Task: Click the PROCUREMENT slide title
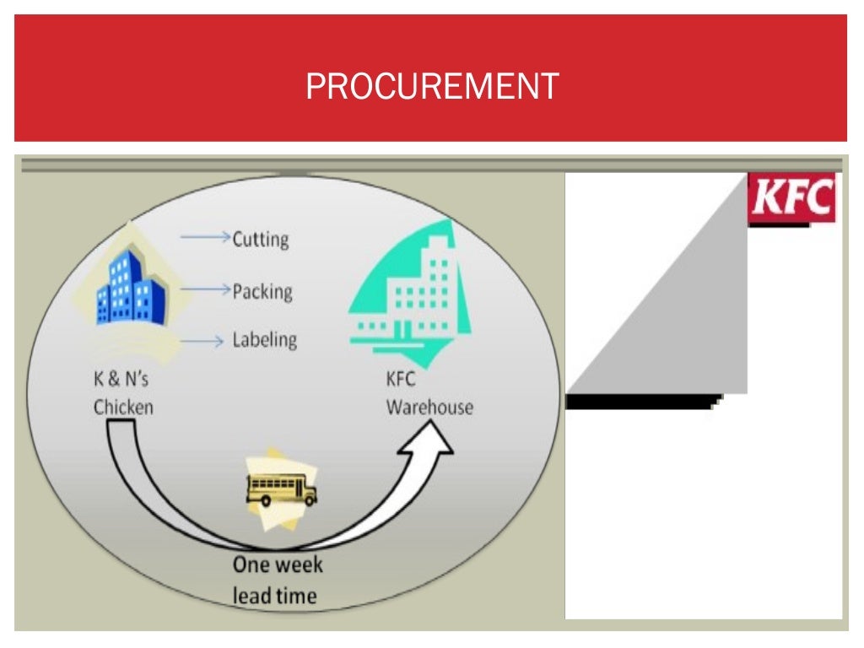tap(431, 86)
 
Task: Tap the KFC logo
tap(791, 199)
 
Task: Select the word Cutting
tap(261, 239)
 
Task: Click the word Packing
tap(262, 291)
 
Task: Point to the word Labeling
tap(265, 340)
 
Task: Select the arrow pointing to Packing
tap(205, 290)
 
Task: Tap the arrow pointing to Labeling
tap(205, 341)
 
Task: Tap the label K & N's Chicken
tap(123, 393)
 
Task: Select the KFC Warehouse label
tap(429, 393)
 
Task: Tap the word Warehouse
tap(429, 407)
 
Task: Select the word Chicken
tap(123, 407)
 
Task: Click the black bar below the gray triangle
tap(641, 402)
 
